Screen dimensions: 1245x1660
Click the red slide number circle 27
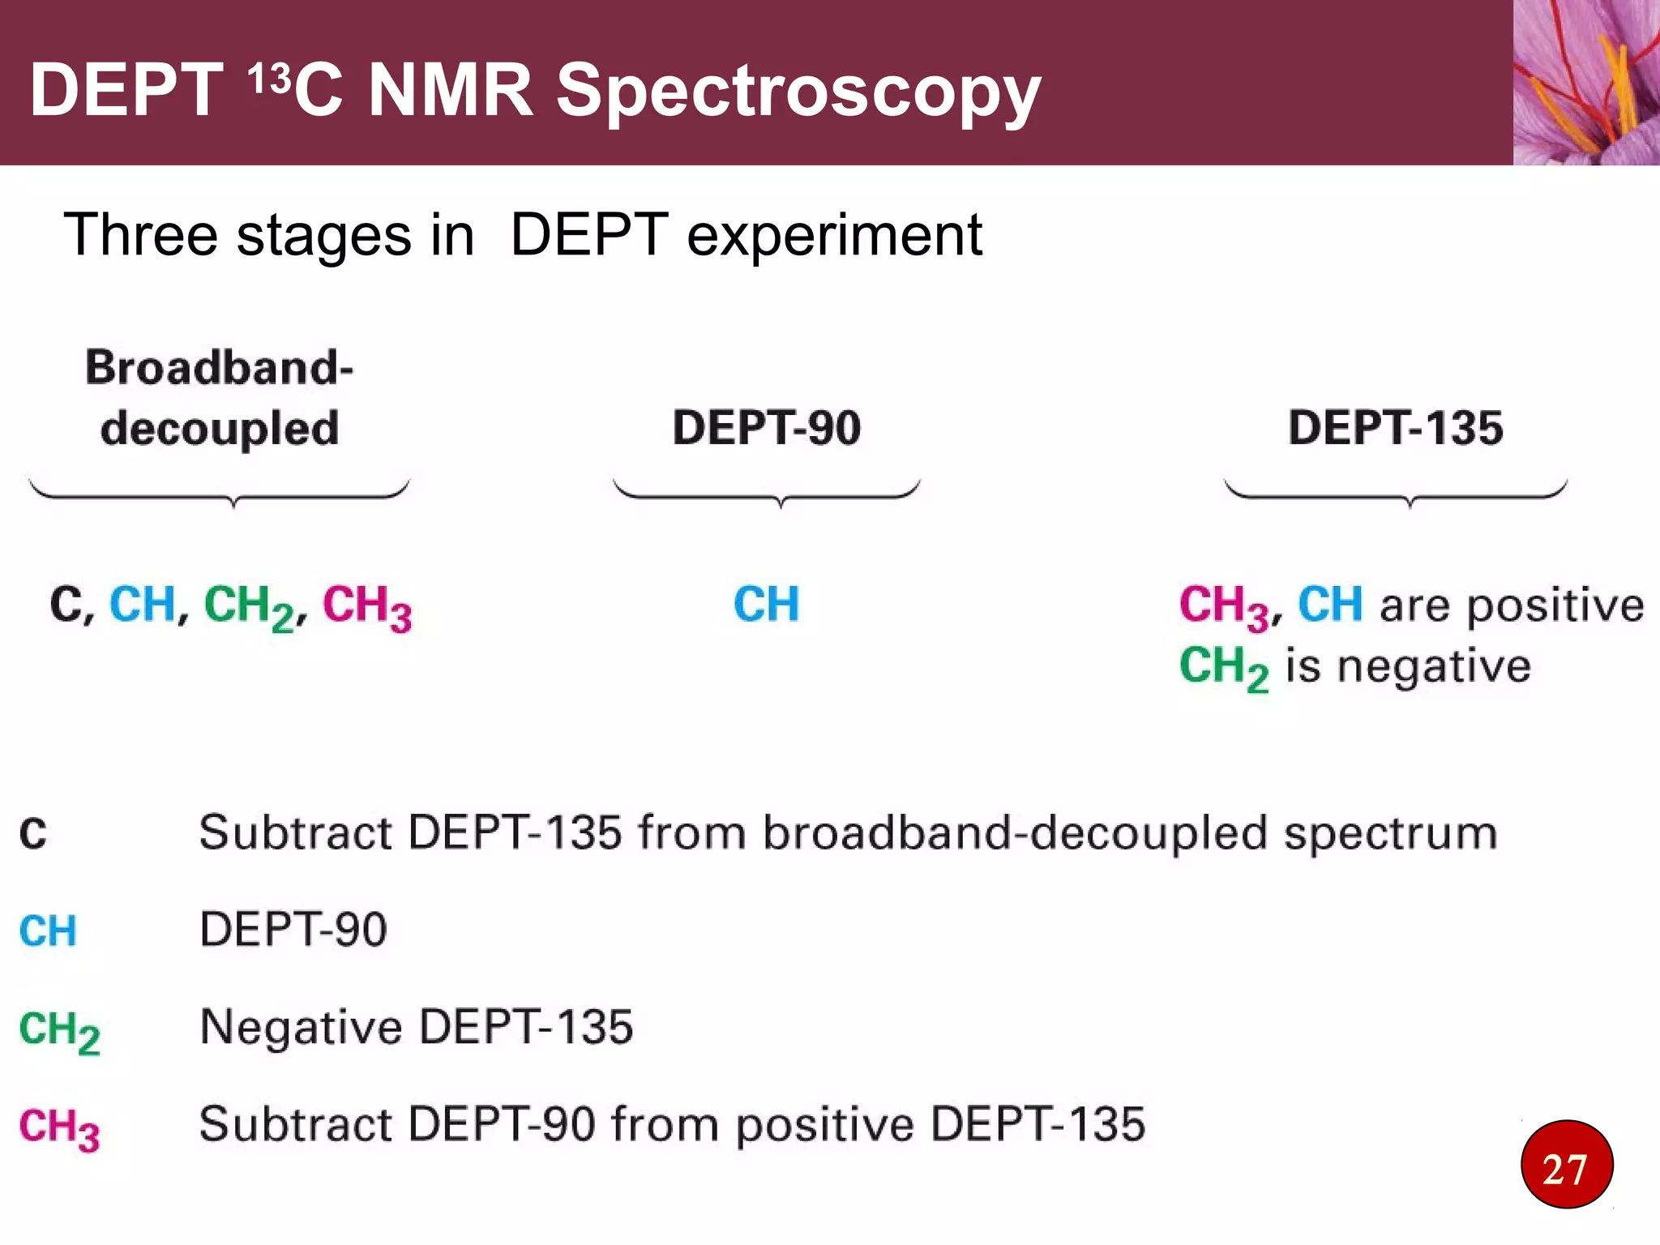coord(1566,1165)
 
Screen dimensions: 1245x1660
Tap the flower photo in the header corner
coord(1585,82)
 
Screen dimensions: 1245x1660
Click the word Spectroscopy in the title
coord(798,91)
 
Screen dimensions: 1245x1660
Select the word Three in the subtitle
coord(139,235)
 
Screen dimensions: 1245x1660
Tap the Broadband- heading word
coord(219,367)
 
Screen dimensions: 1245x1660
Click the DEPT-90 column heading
coord(766,427)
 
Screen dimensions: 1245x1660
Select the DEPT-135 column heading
coord(1395,427)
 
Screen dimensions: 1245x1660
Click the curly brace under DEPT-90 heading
coord(767,493)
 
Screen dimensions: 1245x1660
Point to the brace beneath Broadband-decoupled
coord(219,493)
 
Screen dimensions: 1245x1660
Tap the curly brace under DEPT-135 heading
coord(1396,493)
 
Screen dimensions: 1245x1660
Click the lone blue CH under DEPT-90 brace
coord(766,604)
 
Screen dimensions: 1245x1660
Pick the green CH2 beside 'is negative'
coord(1223,668)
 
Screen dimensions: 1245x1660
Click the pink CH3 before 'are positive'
coord(1223,606)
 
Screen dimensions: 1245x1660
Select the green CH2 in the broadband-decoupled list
coord(249,606)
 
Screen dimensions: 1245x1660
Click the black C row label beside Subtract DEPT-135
coord(33,833)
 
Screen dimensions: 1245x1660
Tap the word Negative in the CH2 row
coord(301,1027)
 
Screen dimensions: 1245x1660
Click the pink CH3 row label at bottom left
coord(59,1127)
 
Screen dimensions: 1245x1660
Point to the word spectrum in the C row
coord(1391,833)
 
